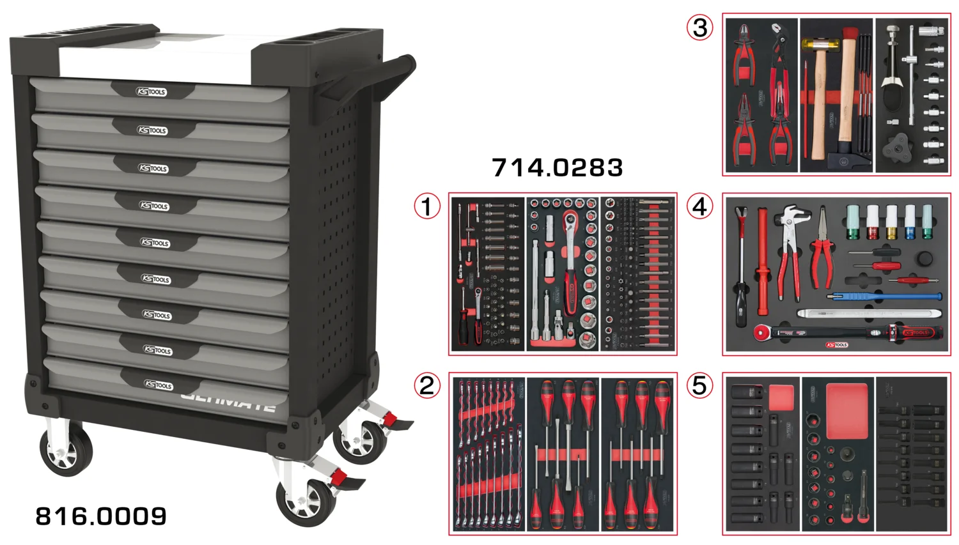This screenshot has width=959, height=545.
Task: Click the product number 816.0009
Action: [x=101, y=516]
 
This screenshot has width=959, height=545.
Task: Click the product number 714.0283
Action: [x=557, y=168]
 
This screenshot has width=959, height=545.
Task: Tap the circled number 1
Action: [x=427, y=206]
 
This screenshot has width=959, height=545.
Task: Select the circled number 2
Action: [x=427, y=385]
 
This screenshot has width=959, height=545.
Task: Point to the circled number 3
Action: [x=700, y=27]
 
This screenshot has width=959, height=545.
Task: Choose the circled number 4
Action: [x=700, y=206]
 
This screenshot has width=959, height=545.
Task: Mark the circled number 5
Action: [x=700, y=385]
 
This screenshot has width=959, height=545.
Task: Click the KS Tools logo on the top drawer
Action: [x=152, y=92]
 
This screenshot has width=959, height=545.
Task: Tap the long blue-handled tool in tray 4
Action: [x=885, y=296]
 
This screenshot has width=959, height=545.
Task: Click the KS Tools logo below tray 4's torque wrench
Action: [x=836, y=346]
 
